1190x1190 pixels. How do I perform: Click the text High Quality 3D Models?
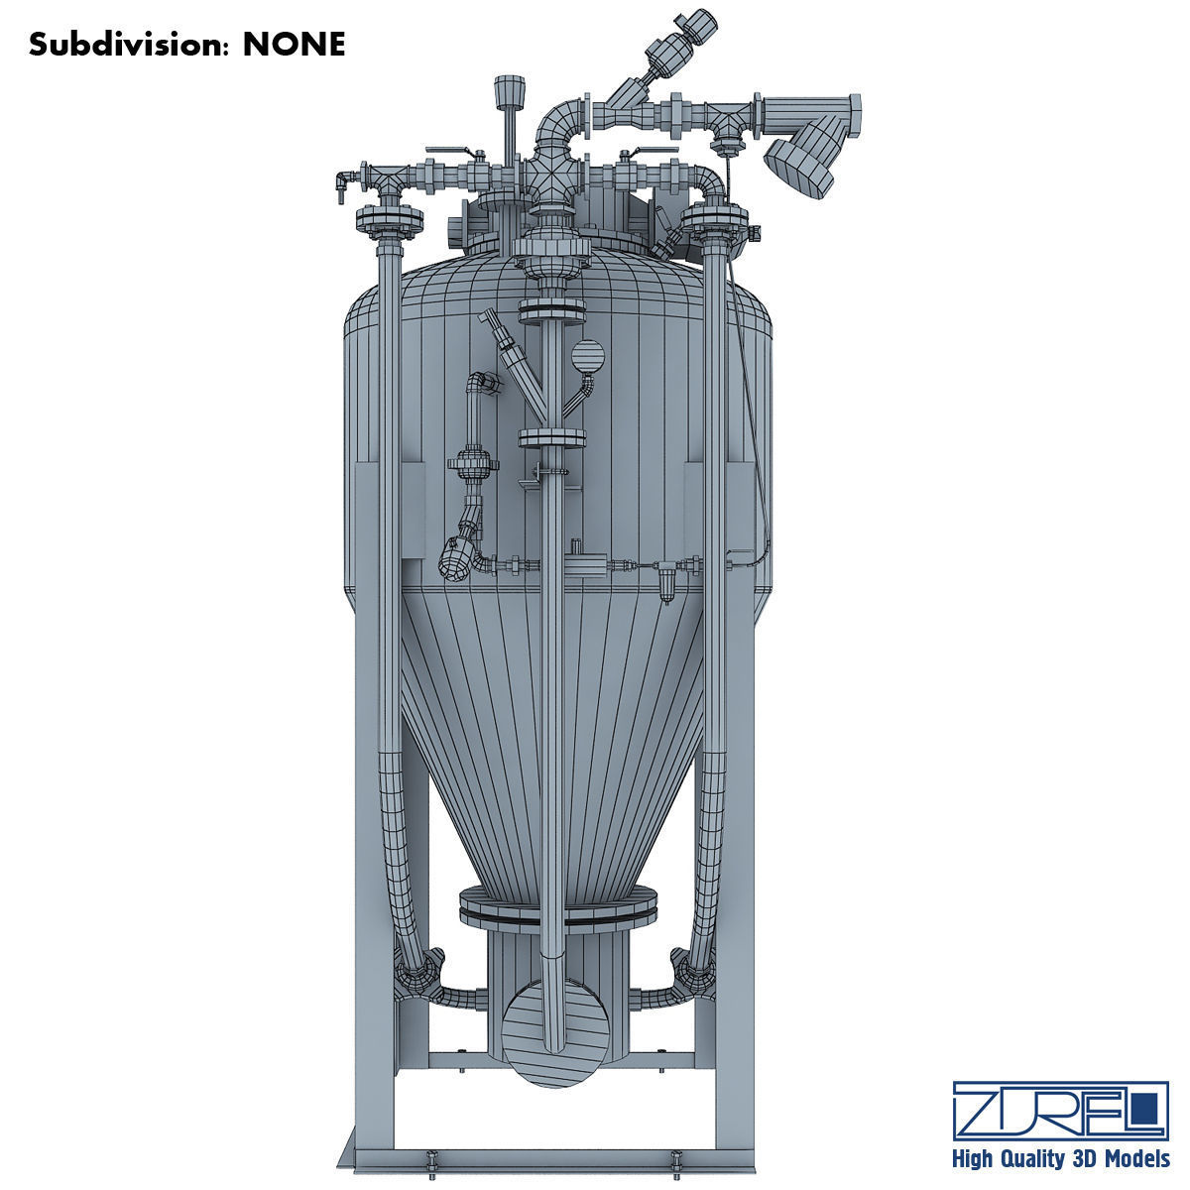pyautogui.click(x=1058, y=1158)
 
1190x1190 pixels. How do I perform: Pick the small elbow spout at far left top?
pyautogui.click(x=340, y=181)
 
